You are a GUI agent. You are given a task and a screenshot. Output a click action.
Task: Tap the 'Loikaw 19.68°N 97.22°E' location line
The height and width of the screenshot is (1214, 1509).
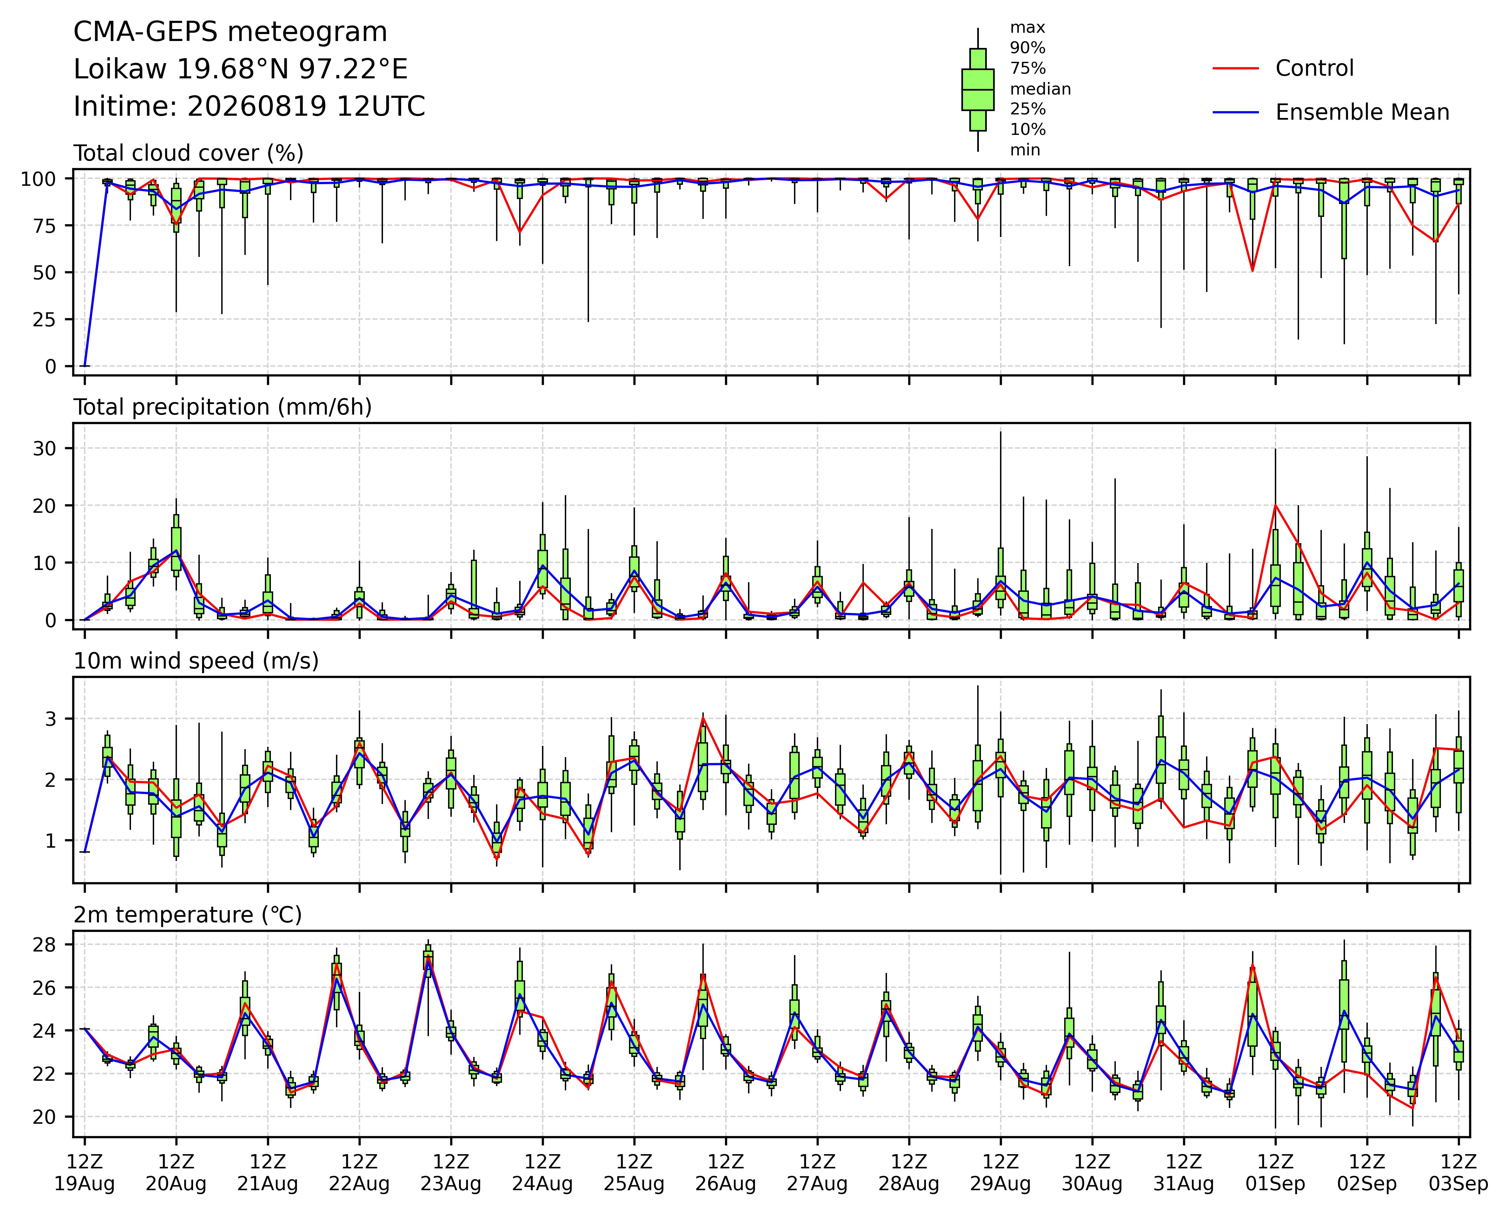(241, 69)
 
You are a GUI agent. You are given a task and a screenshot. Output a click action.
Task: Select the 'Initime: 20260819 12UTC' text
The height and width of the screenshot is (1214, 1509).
(249, 106)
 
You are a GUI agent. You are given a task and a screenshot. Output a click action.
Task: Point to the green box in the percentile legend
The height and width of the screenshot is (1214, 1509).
(978, 90)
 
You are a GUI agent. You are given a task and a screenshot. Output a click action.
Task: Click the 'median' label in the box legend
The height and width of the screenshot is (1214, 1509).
(1040, 89)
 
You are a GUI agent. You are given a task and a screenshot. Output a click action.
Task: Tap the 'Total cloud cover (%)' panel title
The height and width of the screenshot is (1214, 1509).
(188, 153)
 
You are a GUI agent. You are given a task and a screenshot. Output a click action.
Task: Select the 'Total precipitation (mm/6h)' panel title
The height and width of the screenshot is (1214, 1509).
(223, 407)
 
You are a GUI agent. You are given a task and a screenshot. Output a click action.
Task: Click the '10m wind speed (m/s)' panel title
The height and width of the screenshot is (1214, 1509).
(196, 661)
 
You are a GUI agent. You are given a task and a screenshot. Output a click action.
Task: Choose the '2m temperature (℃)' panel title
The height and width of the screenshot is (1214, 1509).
(188, 915)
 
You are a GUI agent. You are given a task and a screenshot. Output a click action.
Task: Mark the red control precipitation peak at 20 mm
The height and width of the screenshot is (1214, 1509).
(1275, 505)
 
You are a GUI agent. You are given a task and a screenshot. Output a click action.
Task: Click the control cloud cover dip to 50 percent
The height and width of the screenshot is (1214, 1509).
(1253, 271)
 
